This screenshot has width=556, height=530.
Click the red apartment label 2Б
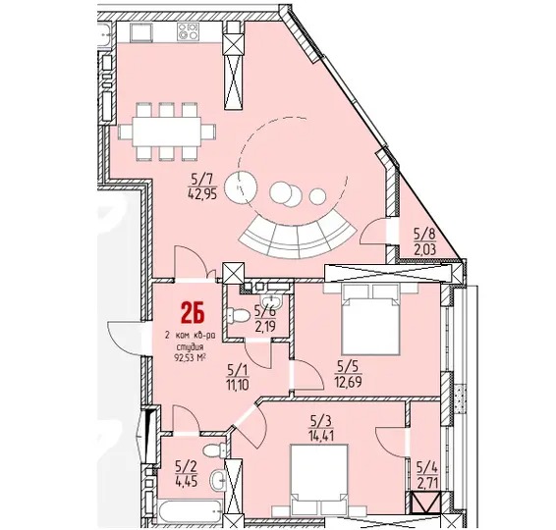tap(193, 313)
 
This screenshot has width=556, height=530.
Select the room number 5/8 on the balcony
tap(424, 234)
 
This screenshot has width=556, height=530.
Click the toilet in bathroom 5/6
tap(238, 315)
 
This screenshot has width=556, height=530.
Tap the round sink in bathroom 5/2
tap(219, 479)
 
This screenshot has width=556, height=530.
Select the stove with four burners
tap(188, 30)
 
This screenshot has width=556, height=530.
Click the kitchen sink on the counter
tap(141, 32)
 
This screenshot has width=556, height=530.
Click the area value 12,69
tap(348, 382)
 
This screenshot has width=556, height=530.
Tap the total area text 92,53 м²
tap(191, 357)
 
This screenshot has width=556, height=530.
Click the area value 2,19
tap(265, 325)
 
